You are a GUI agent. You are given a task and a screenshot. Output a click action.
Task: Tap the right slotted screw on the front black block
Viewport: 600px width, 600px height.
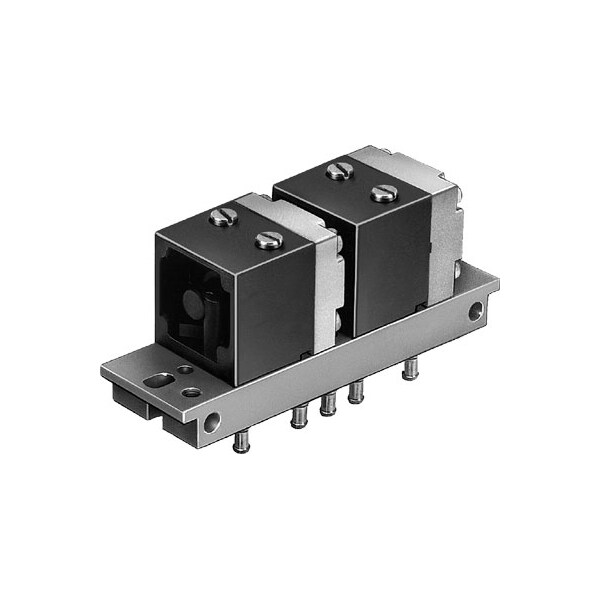(x=267, y=239)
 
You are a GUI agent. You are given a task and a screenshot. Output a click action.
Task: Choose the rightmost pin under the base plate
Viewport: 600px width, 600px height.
(x=408, y=372)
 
